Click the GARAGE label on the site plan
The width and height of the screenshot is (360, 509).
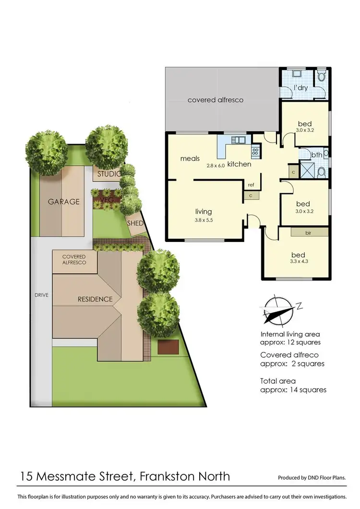click(63, 202)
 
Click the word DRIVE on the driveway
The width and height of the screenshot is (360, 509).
click(41, 294)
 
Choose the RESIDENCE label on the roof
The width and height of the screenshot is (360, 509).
click(95, 299)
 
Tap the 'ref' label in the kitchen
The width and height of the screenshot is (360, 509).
click(251, 184)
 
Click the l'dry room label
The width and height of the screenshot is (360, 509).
click(301, 88)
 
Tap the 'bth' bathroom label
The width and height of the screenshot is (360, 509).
click(316, 155)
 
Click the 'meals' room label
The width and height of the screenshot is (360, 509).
click(190, 158)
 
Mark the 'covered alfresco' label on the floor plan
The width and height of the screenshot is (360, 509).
click(216, 100)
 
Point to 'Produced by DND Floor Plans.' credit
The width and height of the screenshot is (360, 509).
click(312, 478)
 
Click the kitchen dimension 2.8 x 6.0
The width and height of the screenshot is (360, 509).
click(216, 165)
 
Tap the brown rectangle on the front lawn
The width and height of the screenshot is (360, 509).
click(166, 347)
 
